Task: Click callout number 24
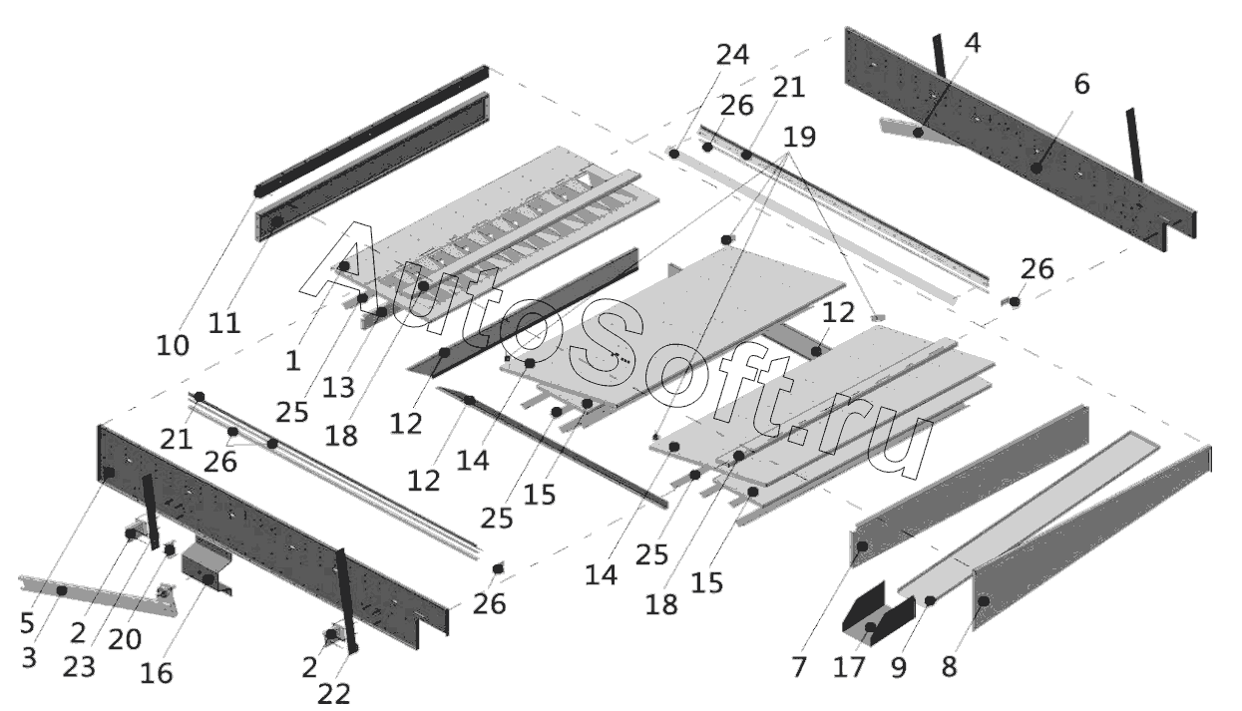click(x=732, y=55)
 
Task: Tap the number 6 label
click(x=1082, y=85)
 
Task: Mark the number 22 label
click(x=335, y=694)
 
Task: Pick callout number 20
click(x=127, y=638)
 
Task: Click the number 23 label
click(x=79, y=666)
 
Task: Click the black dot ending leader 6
click(x=1036, y=168)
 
